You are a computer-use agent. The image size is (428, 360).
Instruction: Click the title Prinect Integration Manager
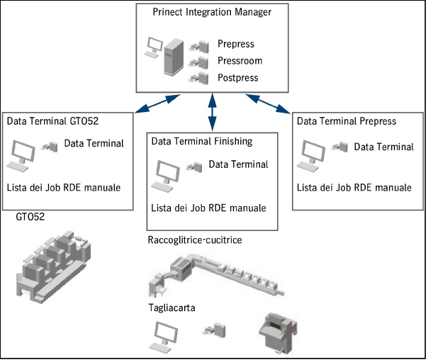click(x=212, y=12)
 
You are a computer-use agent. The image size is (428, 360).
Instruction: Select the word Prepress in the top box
click(x=236, y=44)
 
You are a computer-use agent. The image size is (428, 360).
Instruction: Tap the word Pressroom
click(x=240, y=61)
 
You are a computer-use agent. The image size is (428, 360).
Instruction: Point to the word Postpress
click(x=238, y=78)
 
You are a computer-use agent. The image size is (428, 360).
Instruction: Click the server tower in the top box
click(x=174, y=57)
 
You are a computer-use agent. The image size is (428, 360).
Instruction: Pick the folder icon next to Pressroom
click(x=198, y=63)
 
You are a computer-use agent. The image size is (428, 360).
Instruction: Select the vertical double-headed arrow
click(x=213, y=112)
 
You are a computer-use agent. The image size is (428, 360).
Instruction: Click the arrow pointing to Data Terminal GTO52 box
click(x=157, y=103)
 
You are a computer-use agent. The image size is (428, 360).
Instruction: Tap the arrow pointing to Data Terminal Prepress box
click(x=268, y=103)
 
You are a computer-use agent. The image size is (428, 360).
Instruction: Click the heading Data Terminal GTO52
click(x=52, y=121)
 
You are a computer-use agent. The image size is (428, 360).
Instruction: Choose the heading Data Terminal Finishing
click(x=202, y=142)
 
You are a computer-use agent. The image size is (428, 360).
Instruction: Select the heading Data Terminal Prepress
click(x=347, y=121)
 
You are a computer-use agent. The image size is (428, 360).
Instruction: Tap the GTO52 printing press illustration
click(x=54, y=267)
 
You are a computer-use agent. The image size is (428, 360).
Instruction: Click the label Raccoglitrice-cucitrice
click(x=195, y=240)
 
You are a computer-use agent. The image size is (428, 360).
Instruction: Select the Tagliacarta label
click(x=171, y=308)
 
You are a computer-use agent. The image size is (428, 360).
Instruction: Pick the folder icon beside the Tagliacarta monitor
click(x=214, y=330)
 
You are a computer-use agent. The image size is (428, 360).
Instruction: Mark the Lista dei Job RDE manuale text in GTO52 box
click(x=64, y=188)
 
